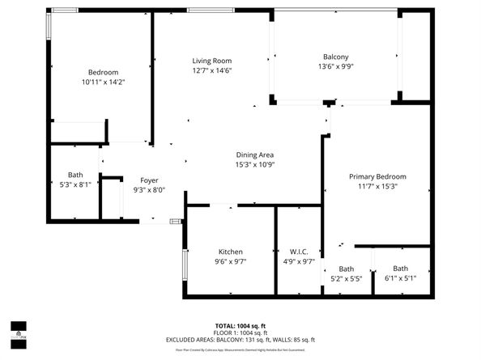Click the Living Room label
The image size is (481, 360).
click(211, 61)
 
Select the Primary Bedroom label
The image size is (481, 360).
click(377, 176)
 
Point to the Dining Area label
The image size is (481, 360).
click(254, 155)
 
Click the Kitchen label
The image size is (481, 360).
click(231, 252)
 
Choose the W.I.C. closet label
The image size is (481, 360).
click(299, 252)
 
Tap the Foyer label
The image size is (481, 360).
click(149, 180)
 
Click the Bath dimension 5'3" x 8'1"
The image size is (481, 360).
click(75, 184)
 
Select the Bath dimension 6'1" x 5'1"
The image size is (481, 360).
click(401, 278)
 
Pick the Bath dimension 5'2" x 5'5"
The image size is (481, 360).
click(346, 278)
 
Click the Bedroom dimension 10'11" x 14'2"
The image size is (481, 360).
click(103, 82)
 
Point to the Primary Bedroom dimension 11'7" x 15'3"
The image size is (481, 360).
click(377, 186)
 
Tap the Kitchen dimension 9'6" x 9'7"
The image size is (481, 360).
click(231, 261)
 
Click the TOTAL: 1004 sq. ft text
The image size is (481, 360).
click(240, 325)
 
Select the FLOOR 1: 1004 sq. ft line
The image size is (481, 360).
click(240, 332)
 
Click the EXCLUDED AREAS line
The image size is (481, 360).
click(240, 340)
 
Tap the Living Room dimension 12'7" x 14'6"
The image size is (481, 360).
click(211, 70)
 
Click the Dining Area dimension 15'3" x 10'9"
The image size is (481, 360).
click(254, 164)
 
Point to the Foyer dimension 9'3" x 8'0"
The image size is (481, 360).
click(149, 190)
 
